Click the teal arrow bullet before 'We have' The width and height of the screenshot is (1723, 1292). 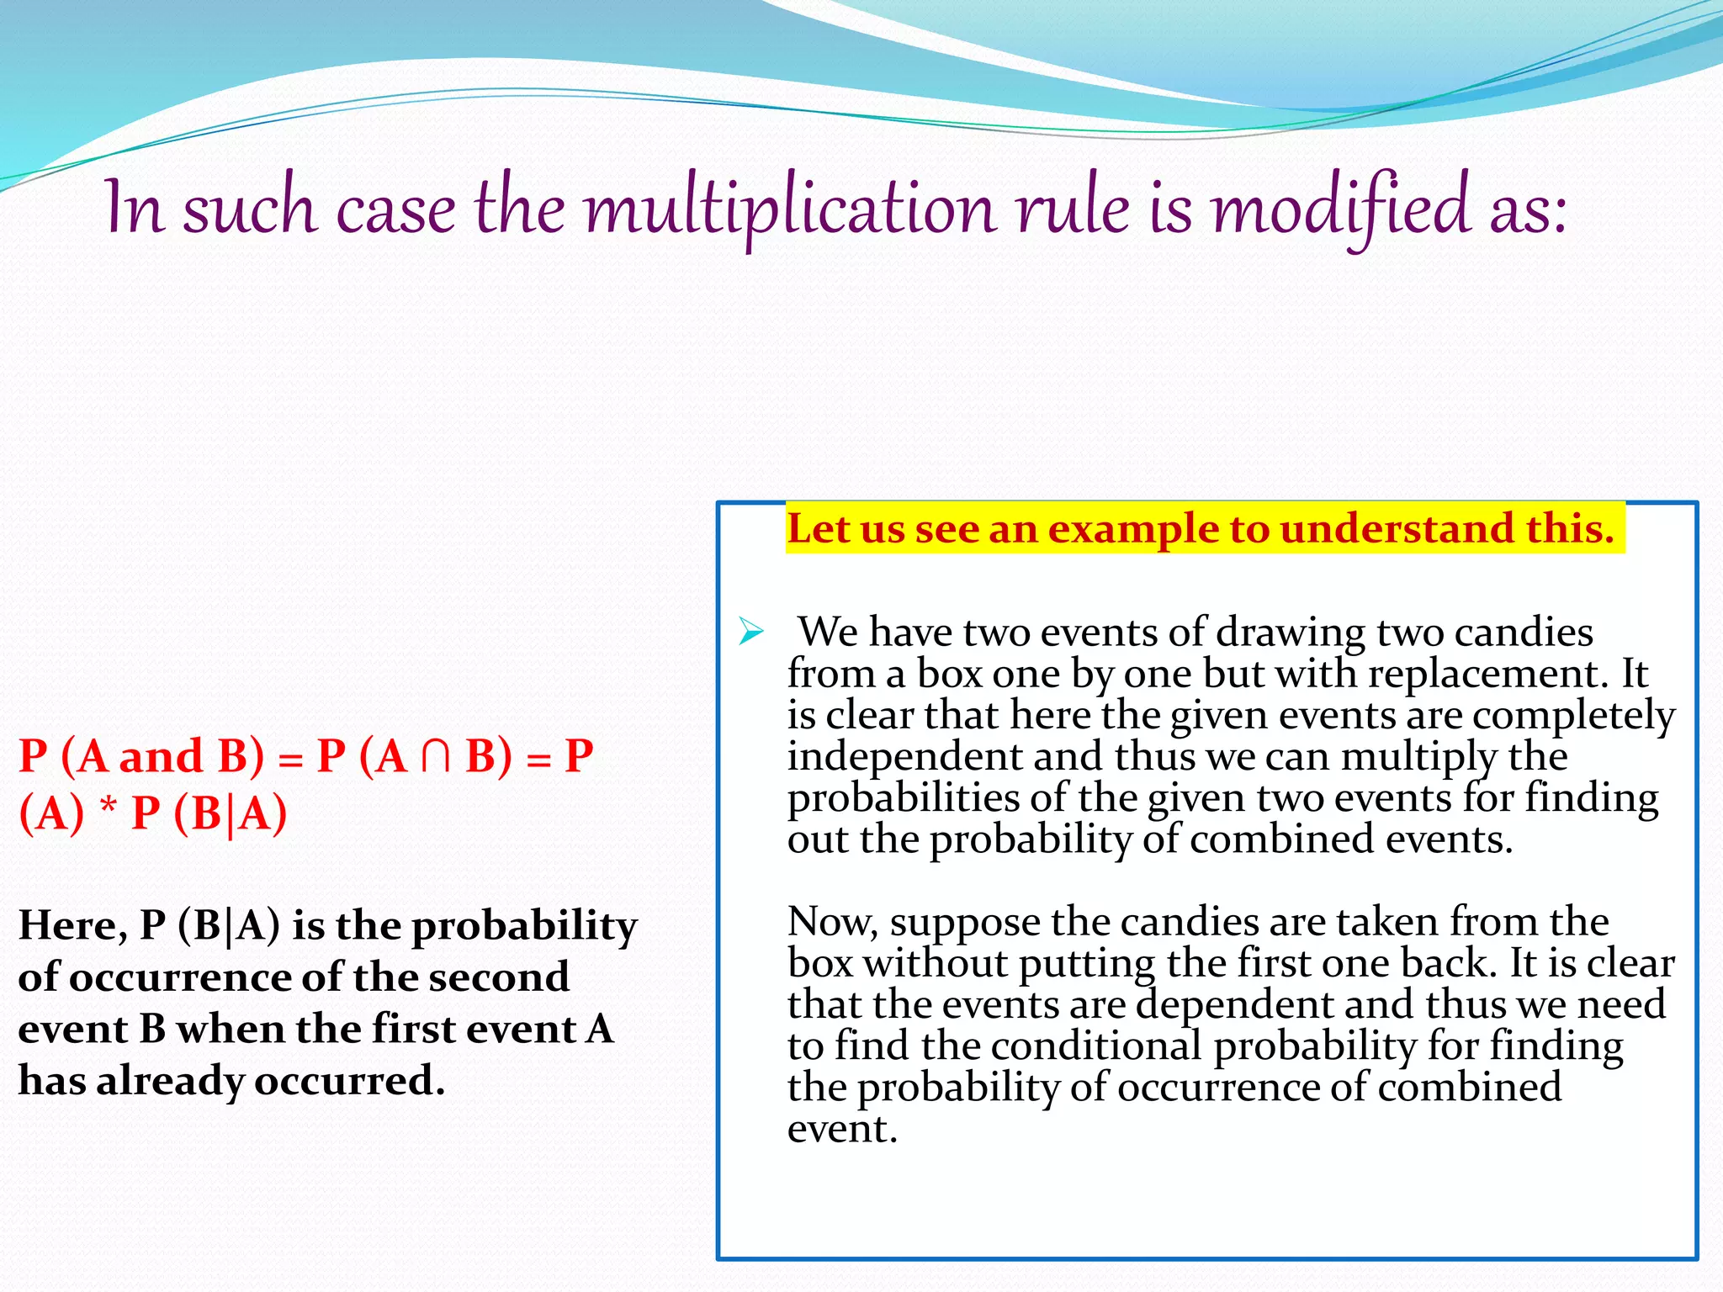[750, 631]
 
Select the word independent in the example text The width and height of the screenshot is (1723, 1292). [904, 756]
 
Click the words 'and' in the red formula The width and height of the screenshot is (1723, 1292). [161, 756]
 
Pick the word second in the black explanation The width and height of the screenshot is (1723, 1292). [498, 977]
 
